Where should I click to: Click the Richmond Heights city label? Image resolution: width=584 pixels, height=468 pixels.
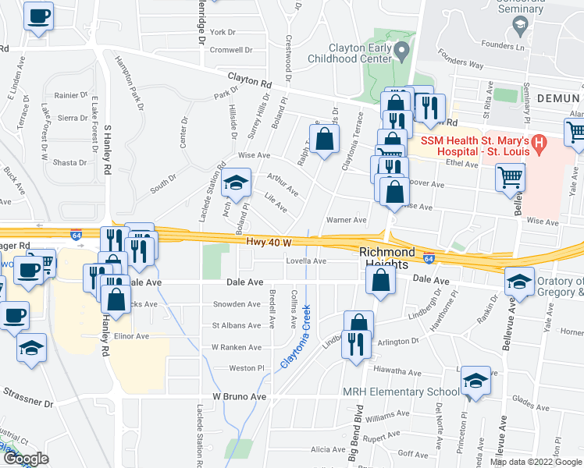(386, 259)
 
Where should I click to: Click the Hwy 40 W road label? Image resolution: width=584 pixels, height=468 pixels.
(269, 243)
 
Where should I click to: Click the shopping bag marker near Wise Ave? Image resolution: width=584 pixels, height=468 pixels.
(324, 140)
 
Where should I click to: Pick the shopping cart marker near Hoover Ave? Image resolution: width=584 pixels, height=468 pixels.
(510, 176)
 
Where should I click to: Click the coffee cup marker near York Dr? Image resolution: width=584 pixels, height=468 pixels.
(39, 16)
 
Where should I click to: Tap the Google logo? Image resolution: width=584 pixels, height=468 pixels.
(25, 459)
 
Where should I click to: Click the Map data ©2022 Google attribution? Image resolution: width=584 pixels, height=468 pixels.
(536, 462)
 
